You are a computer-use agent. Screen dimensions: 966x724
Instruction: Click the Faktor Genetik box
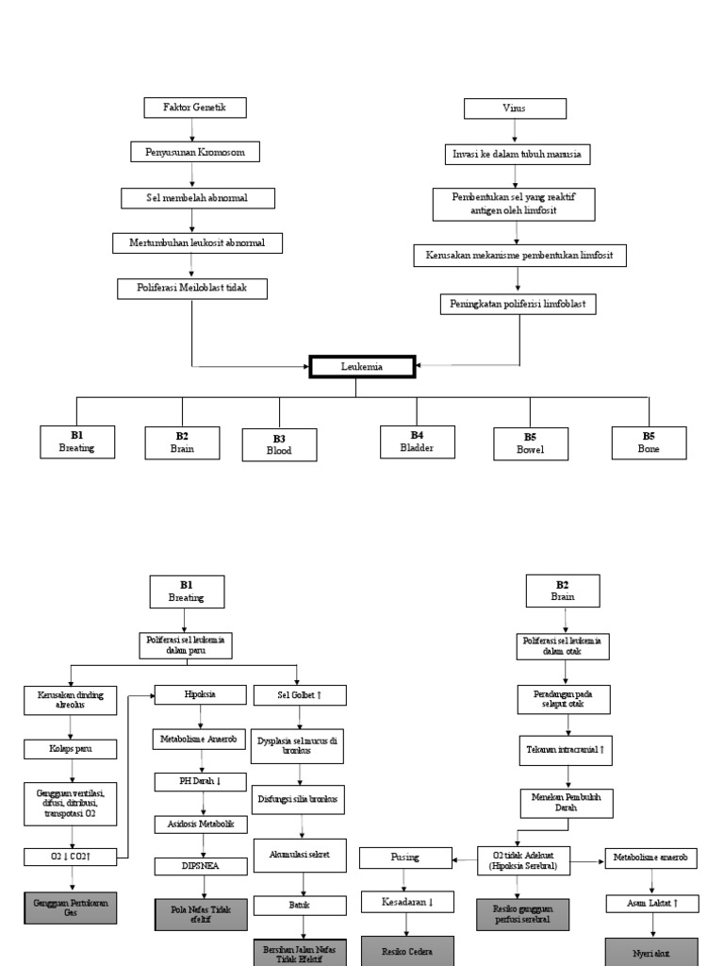coord(195,108)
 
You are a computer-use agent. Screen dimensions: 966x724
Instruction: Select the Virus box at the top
coord(515,108)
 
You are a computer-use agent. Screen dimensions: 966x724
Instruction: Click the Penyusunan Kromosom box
coord(194,151)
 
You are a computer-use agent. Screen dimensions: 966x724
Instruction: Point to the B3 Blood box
coord(279,444)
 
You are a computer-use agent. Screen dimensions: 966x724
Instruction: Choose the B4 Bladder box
coord(417,441)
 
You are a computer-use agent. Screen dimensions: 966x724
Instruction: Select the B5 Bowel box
coord(531,444)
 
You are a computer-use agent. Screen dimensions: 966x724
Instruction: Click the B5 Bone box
coord(649,442)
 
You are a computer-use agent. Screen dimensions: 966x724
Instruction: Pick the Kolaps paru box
coord(71,750)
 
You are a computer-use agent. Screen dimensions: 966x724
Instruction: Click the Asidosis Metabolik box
coord(201,824)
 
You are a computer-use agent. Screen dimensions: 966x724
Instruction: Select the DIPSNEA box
coord(201,864)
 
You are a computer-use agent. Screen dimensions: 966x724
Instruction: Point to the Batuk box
coord(300,904)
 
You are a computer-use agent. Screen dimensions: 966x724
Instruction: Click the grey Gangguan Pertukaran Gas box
coord(71,908)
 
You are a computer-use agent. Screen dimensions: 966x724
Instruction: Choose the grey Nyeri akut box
coord(651,951)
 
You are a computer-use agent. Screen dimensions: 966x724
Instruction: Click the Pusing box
coord(404,858)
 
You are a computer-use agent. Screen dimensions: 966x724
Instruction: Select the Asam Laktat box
coord(651,904)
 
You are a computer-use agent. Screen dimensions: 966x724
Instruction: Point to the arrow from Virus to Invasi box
coord(515,131)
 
